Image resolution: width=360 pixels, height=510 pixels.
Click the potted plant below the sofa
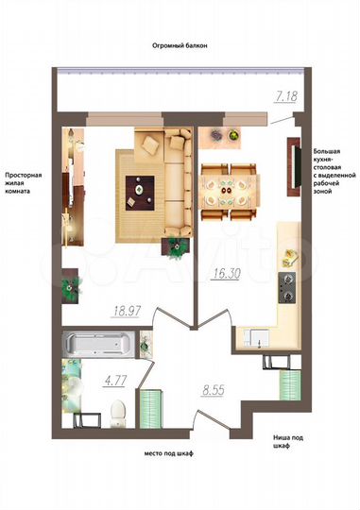coord(177,246)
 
